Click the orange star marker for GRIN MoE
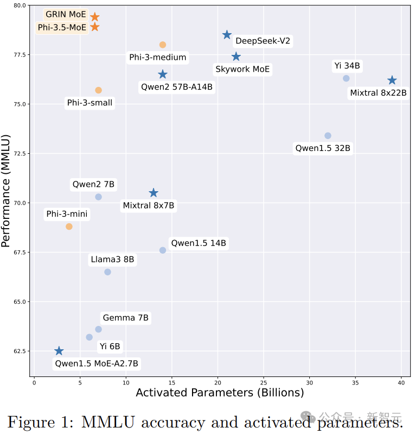click(x=94, y=17)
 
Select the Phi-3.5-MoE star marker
click(x=94, y=27)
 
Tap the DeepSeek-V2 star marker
click(x=227, y=35)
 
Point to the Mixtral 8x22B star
click(x=392, y=80)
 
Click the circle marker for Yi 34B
click(x=346, y=78)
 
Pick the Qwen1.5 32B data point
click(x=328, y=136)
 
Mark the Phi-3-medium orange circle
click(x=163, y=45)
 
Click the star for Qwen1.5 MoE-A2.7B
click(x=59, y=351)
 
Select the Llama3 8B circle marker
click(x=107, y=272)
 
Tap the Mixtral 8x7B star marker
click(x=154, y=193)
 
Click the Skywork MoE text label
click(x=242, y=69)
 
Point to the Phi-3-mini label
click(x=67, y=215)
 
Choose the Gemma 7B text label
click(x=125, y=318)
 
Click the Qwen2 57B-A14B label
click(x=177, y=86)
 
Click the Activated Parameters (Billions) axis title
click(x=219, y=393)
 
